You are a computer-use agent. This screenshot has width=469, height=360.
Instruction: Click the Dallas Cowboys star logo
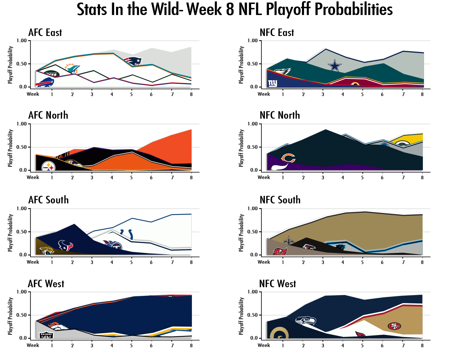pyautogui.click(x=335, y=65)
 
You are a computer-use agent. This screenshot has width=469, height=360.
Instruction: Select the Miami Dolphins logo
pyautogui.click(x=72, y=69)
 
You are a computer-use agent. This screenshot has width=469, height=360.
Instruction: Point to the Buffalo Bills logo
pyautogui.click(x=45, y=82)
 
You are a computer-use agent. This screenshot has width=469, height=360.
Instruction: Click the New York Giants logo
pyautogui.click(x=273, y=83)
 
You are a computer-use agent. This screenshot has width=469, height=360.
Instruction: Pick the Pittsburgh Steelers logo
pyautogui.click(x=48, y=167)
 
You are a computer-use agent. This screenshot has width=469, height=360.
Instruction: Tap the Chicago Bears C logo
pyautogui.click(x=288, y=158)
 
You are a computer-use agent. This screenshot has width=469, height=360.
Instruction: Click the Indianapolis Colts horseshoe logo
pyautogui.click(x=127, y=234)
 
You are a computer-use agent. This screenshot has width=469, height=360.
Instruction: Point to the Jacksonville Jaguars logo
pyautogui.click(x=46, y=250)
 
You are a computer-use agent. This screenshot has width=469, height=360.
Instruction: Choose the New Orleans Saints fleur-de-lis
pyautogui.click(x=289, y=241)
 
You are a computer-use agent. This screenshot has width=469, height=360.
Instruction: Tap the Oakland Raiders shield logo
pyautogui.click(x=46, y=335)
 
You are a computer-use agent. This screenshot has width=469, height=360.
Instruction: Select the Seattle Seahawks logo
pyautogui.click(x=306, y=321)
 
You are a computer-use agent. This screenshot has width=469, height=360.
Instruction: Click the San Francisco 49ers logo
pyautogui.click(x=394, y=326)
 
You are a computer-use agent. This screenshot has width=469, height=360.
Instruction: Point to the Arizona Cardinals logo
pyautogui.click(x=360, y=335)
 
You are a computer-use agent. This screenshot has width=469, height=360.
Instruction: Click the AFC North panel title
pyautogui.click(x=48, y=115)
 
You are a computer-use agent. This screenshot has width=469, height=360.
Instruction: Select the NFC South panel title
pyautogui.click(x=280, y=200)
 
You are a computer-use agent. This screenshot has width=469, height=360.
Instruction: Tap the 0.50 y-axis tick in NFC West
pyautogui.click(x=252, y=315)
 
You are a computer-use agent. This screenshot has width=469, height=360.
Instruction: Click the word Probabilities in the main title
pyautogui.click(x=354, y=9)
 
